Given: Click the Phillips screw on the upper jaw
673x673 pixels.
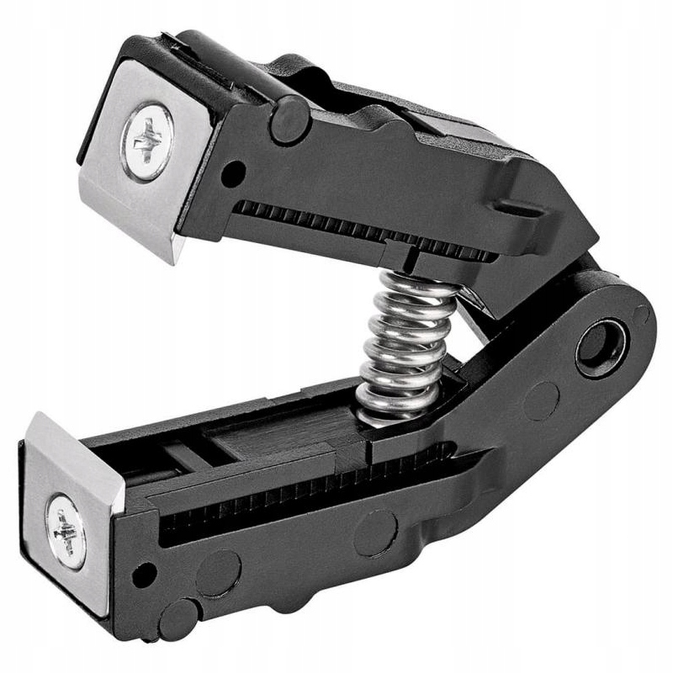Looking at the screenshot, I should coord(147,140).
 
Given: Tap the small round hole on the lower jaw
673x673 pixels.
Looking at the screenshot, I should coord(144,575).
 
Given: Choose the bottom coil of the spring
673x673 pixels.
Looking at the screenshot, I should coord(387,411).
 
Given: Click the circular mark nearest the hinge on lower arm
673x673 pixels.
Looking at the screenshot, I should coord(541,402).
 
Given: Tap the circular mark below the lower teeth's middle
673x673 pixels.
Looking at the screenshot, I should coord(375,532).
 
